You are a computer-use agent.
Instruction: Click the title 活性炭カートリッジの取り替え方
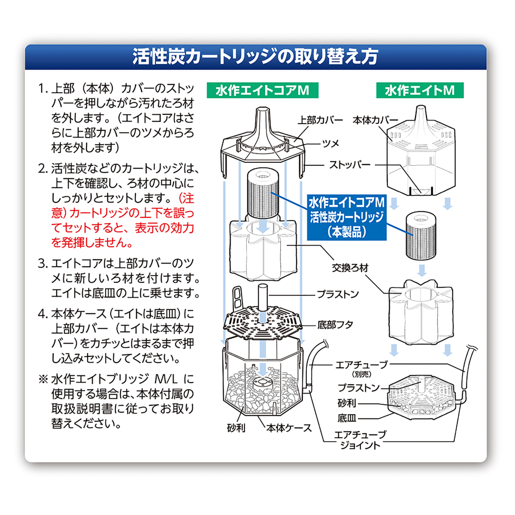255,57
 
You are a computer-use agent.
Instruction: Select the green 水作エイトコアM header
262,91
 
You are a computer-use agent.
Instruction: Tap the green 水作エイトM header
419,91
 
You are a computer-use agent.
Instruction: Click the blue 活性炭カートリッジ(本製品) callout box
347,217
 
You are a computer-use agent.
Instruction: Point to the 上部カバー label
320,120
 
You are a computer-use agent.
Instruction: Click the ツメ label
330,143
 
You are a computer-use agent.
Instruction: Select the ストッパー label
349,165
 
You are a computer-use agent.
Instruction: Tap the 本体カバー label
375,120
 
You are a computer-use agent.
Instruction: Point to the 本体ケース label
289,428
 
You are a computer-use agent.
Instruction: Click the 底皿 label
347,418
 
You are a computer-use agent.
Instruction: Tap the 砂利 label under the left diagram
236,428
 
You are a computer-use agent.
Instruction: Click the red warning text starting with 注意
122,221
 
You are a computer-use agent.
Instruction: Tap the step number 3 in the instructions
42,264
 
